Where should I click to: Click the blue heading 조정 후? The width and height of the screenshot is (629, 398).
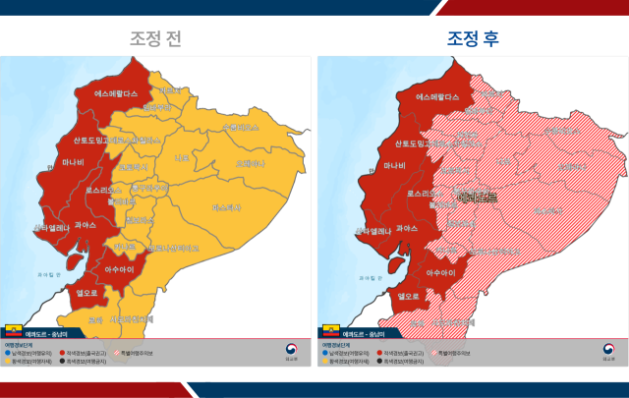point(473,39)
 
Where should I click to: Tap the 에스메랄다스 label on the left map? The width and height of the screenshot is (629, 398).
point(119,95)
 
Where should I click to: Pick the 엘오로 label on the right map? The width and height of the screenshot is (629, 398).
point(409,295)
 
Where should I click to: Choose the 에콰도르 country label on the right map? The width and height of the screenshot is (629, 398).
point(477,198)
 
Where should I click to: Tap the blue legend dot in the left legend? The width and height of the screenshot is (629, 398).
point(8,352)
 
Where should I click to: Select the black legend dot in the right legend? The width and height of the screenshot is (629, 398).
point(381,361)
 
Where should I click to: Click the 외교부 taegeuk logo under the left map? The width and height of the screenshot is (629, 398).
point(291,351)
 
